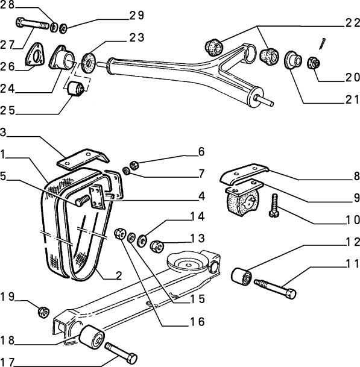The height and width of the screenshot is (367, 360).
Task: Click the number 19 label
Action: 8,296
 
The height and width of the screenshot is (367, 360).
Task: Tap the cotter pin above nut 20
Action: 323,43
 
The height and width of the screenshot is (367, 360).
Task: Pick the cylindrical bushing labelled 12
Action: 242,277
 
